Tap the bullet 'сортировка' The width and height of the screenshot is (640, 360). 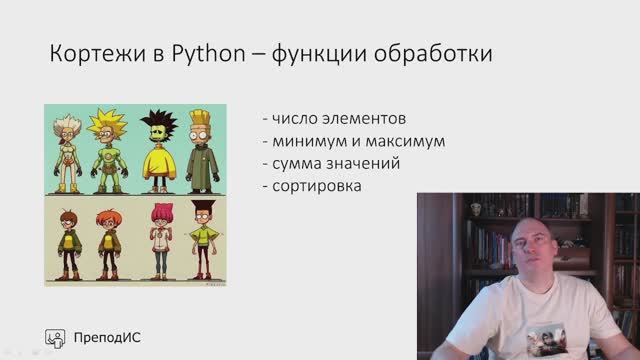[x=311, y=185]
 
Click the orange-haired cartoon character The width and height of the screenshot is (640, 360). [x=109, y=240]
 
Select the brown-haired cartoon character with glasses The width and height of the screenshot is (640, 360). [x=69, y=240]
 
